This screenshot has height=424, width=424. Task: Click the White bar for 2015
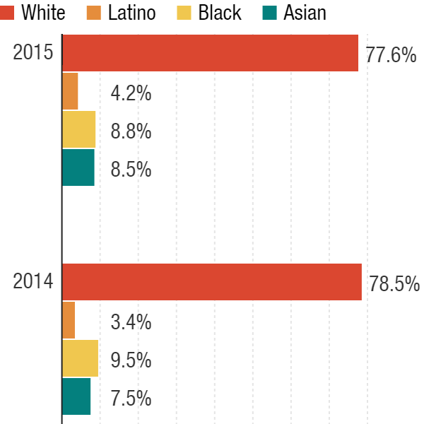point(211,53)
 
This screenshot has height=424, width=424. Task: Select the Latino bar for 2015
point(70,91)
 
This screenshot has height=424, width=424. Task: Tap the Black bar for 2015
point(78,129)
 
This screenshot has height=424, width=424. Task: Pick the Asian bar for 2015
point(78,167)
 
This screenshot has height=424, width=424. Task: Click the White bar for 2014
point(212,282)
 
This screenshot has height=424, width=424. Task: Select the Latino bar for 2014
point(69,320)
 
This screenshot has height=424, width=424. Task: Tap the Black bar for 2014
point(80,358)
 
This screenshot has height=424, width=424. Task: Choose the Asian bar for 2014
point(76,396)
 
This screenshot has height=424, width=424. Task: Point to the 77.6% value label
point(391,55)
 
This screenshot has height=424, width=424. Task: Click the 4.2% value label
point(131,93)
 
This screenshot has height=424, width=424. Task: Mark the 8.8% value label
point(131,131)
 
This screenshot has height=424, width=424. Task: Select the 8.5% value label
point(131,170)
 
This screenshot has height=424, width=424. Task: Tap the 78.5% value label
point(394,284)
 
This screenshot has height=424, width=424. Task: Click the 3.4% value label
point(131,322)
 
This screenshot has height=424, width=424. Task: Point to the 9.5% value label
point(131,360)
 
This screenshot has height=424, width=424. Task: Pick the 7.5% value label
point(131,399)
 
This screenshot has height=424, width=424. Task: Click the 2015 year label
point(33,53)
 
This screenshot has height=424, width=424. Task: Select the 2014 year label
point(33,281)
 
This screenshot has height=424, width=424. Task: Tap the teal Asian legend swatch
point(270,12)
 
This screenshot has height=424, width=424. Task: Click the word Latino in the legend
point(132,12)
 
